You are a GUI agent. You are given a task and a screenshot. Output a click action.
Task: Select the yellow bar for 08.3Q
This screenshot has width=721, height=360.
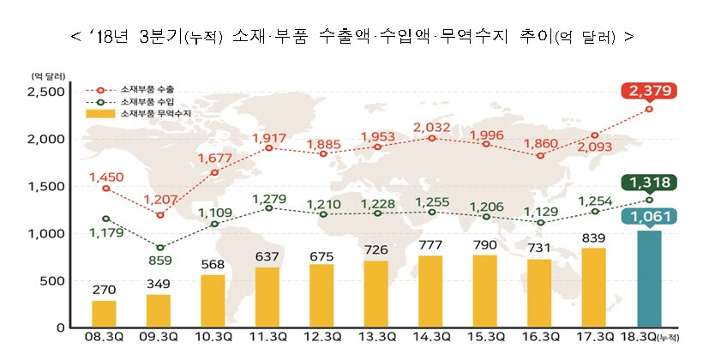[104, 314]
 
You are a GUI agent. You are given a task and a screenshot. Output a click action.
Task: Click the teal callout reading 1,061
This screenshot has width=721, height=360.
[650, 219]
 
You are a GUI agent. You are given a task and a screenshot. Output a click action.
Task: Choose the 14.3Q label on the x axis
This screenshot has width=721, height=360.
[432, 340]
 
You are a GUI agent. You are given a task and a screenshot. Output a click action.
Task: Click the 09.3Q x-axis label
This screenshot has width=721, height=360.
[159, 340]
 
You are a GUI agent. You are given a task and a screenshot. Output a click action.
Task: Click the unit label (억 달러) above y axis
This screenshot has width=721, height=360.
[49, 75]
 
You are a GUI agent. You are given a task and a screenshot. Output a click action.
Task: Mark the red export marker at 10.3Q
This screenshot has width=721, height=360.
[214, 172]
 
